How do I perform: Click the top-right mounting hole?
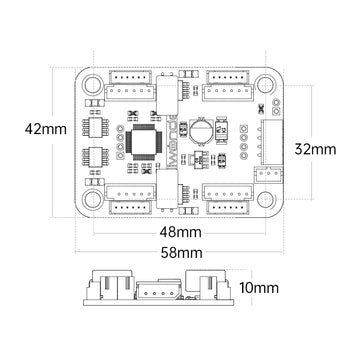tap(268, 84)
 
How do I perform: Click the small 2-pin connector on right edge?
tap(265, 171)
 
